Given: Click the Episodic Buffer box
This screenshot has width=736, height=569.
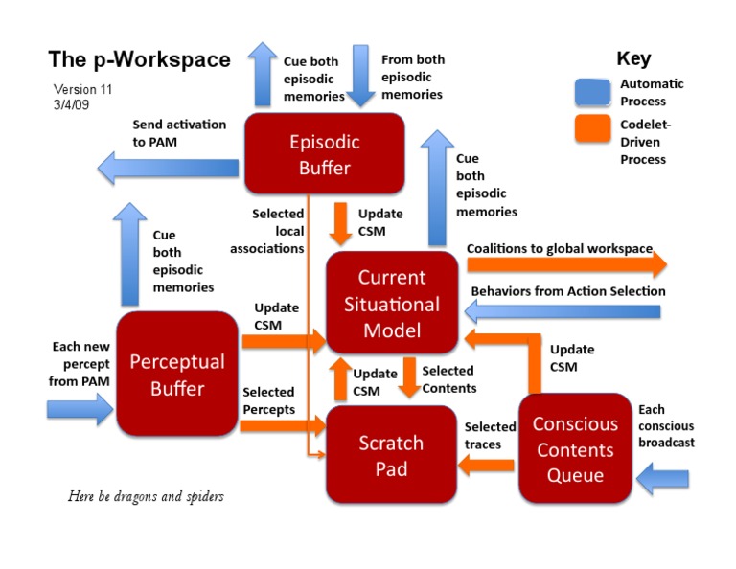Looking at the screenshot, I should point(324,154).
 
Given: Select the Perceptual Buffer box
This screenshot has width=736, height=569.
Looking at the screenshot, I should point(177,374).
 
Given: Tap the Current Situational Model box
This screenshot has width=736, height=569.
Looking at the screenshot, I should point(391,304).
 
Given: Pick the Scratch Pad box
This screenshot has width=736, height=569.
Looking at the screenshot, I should point(391,455).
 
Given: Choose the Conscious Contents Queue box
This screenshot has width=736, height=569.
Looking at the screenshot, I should point(575,448).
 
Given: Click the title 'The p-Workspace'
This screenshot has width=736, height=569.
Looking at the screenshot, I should point(139,59).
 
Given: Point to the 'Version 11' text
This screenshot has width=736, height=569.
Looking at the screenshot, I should point(83,89).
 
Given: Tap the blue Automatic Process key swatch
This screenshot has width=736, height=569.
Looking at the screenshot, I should point(593,92).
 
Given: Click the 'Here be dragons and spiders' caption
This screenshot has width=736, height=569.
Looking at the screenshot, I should point(146,496).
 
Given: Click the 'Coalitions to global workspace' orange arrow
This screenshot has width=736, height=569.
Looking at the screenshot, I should point(565,264).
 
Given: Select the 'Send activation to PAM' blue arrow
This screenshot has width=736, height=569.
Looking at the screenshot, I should point(169,170).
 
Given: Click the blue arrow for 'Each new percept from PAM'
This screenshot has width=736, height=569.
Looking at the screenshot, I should point(80,411).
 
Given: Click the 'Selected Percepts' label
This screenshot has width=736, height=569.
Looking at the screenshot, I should point(268,399).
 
